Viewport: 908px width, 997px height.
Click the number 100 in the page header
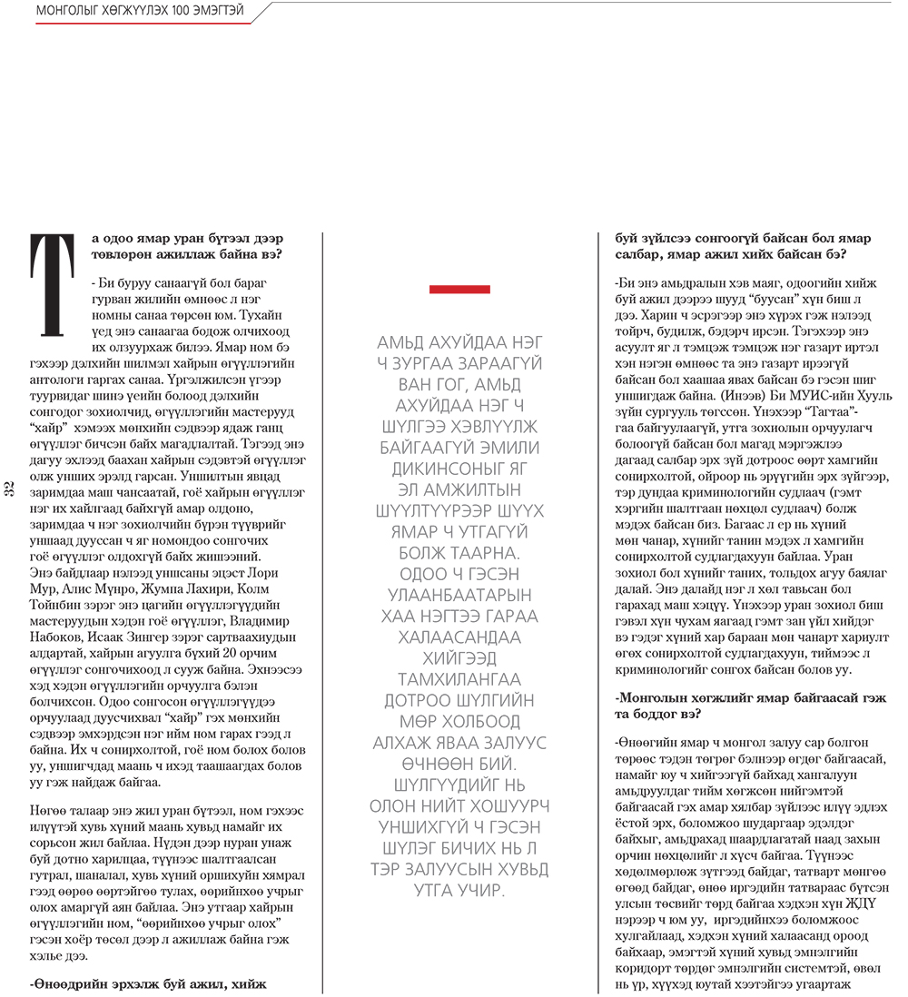(177, 14)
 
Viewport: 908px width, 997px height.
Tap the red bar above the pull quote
(459, 290)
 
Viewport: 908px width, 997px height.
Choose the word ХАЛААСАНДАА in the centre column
(459, 637)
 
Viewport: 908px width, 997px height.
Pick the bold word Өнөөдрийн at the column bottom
(71, 982)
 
